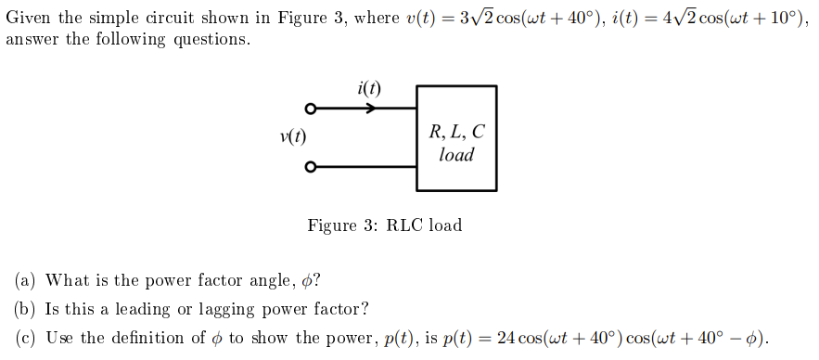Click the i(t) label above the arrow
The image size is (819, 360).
(x=368, y=89)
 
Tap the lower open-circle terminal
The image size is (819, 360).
(x=312, y=168)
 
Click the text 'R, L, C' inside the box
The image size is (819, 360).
(x=456, y=132)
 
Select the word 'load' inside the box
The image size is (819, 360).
(x=456, y=155)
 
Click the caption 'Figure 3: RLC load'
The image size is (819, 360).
(x=384, y=225)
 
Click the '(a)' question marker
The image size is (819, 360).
(x=26, y=280)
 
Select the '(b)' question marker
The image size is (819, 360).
(x=26, y=309)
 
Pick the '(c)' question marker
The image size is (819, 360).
(x=26, y=338)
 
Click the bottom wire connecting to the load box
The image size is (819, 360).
(x=366, y=168)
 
